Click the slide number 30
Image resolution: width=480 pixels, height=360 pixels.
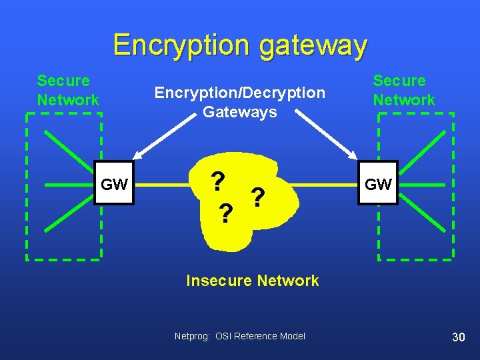point(458,337)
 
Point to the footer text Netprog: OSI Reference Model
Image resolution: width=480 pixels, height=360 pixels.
point(239,336)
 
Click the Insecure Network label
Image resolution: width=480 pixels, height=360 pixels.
point(252,281)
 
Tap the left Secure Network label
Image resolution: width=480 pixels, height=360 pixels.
point(68,91)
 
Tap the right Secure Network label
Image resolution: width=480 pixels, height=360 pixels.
point(403,91)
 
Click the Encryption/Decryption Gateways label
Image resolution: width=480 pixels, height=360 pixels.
point(239,102)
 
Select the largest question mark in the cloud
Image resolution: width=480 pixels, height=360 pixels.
point(217,181)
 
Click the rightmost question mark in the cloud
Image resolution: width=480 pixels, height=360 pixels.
point(259,196)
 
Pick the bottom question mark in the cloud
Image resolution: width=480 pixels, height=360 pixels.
point(226,213)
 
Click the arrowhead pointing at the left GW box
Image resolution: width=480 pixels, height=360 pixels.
point(138,156)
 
